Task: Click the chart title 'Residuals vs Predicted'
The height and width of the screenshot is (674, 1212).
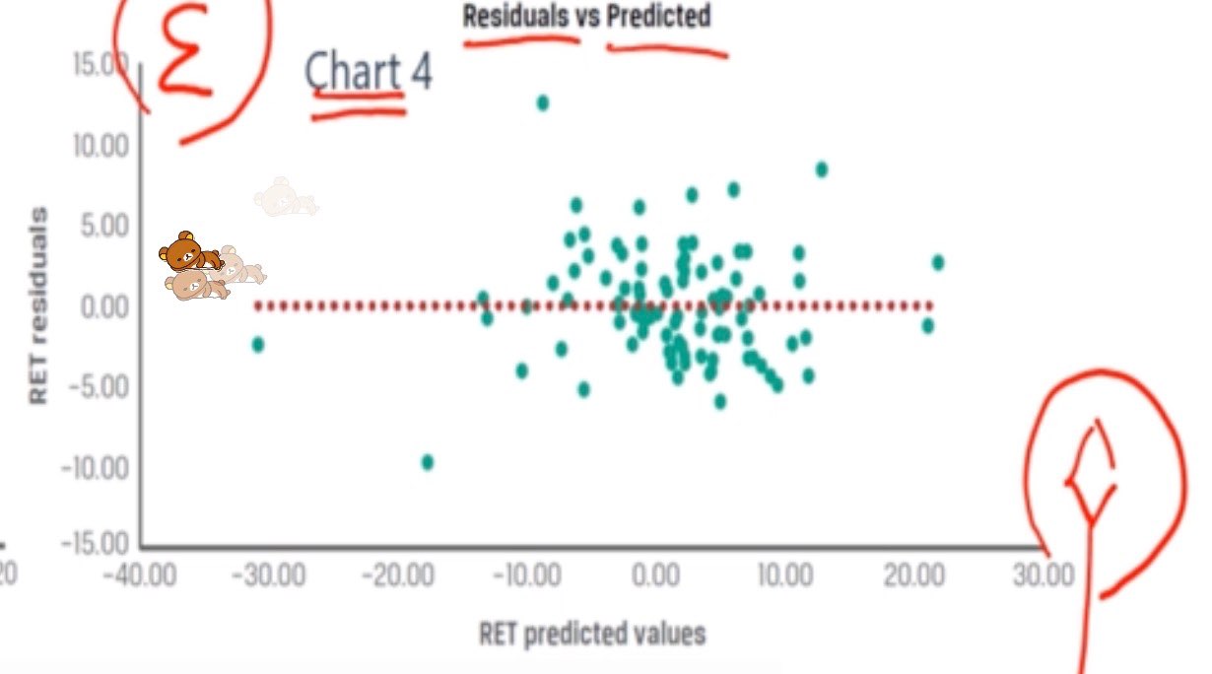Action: pyautogui.click(x=586, y=17)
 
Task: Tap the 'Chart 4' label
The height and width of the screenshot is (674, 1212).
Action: pyautogui.click(x=368, y=72)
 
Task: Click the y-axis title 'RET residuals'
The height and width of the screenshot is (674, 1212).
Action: pyautogui.click(x=38, y=304)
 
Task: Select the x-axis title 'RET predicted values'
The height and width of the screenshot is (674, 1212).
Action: pyautogui.click(x=592, y=633)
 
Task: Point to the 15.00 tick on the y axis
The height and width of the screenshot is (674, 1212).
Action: pyautogui.click(x=101, y=65)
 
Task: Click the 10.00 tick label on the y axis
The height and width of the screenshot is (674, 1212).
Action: pyautogui.click(x=101, y=146)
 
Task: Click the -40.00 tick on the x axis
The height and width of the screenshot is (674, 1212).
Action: pyautogui.click(x=141, y=575)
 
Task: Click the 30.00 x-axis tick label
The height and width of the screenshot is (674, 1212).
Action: pyautogui.click(x=1043, y=575)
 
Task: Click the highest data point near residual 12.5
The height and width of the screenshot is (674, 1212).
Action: pyautogui.click(x=542, y=102)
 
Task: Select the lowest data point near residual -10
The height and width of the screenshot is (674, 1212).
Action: pyautogui.click(x=428, y=462)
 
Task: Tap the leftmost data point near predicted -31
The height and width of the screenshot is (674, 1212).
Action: pyautogui.click(x=258, y=344)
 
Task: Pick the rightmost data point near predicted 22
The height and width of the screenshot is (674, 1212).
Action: pyautogui.click(x=938, y=262)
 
